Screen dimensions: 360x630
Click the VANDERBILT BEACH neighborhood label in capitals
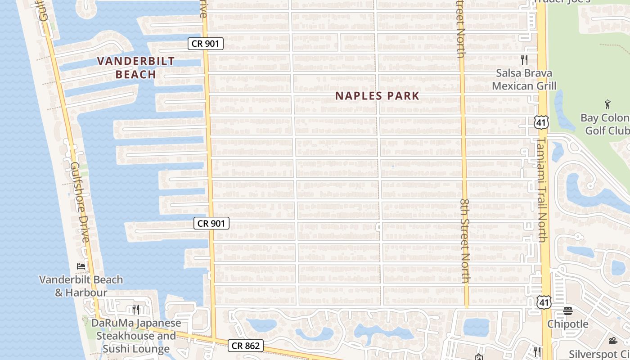pyautogui.click(x=136, y=67)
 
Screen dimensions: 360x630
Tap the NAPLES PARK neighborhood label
pyautogui.click(x=377, y=96)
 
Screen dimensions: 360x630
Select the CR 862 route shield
pyautogui.click(x=245, y=346)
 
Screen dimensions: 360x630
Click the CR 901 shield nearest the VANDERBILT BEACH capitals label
pyautogui.click(x=206, y=44)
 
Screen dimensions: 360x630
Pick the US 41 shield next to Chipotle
pyautogui.click(x=544, y=302)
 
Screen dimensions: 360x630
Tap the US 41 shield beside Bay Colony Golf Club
pyautogui.click(x=542, y=122)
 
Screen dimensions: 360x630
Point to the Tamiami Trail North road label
pyautogui.click(x=543, y=189)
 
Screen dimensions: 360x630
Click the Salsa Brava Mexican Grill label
pyautogui.click(x=524, y=79)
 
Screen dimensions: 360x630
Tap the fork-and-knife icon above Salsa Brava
pyautogui.click(x=524, y=59)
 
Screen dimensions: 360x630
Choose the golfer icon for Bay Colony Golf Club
pyautogui.click(x=608, y=104)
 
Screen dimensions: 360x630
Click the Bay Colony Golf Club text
pyautogui.click(x=605, y=124)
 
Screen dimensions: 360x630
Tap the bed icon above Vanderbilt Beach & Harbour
pyautogui.click(x=81, y=266)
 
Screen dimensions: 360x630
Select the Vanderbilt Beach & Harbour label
pyautogui.click(x=81, y=286)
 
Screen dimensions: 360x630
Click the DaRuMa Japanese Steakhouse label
pyautogui.click(x=136, y=336)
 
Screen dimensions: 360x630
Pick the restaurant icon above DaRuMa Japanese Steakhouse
pyautogui.click(x=136, y=309)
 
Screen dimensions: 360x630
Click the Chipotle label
pyautogui.click(x=568, y=324)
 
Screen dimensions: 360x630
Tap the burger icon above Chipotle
pyautogui.click(x=568, y=310)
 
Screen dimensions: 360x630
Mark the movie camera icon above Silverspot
pyautogui.click(x=613, y=341)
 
